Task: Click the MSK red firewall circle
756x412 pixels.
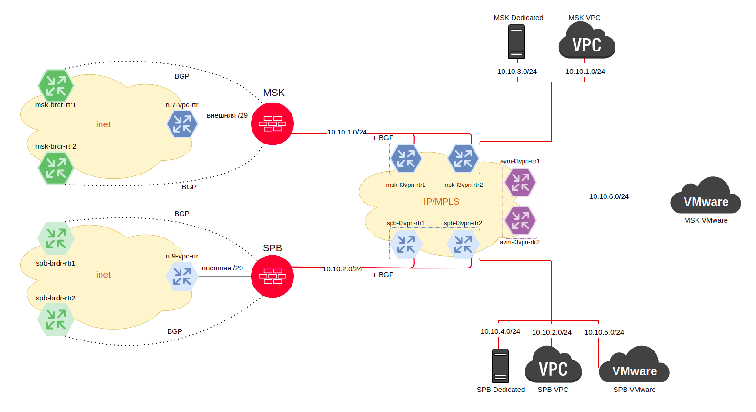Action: (x=272, y=124)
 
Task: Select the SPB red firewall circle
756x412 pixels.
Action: (x=272, y=277)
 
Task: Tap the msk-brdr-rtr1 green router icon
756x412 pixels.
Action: (x=56, y=86)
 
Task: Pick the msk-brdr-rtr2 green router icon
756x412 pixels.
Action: (x=56, y=168)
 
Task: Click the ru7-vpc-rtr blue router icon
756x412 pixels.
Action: (x=182, y=124)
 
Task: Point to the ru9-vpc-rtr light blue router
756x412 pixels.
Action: (x=182, y=277)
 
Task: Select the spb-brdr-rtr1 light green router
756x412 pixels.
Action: (x=56, y=238)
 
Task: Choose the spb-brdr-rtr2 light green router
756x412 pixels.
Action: (x=56, y=319)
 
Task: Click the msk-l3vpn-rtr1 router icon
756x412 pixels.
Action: (x=406, y=158)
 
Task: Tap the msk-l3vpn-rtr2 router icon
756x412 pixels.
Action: (x=463, y=158)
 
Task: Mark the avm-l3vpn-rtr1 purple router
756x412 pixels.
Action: (x=520, y=182)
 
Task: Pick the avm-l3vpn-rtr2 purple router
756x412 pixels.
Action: (x=520, y=220)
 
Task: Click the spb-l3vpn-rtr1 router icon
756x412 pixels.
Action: (x=406, y=244)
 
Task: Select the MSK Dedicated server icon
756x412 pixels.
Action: (x=516, y=42)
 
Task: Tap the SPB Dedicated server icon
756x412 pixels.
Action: (x=500, y=366)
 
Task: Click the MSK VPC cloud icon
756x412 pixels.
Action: (x=587, y=42)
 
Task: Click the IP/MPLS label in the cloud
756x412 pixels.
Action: (x=442, y=202)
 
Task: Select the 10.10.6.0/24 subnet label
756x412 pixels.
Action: (x=609, y=196)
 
